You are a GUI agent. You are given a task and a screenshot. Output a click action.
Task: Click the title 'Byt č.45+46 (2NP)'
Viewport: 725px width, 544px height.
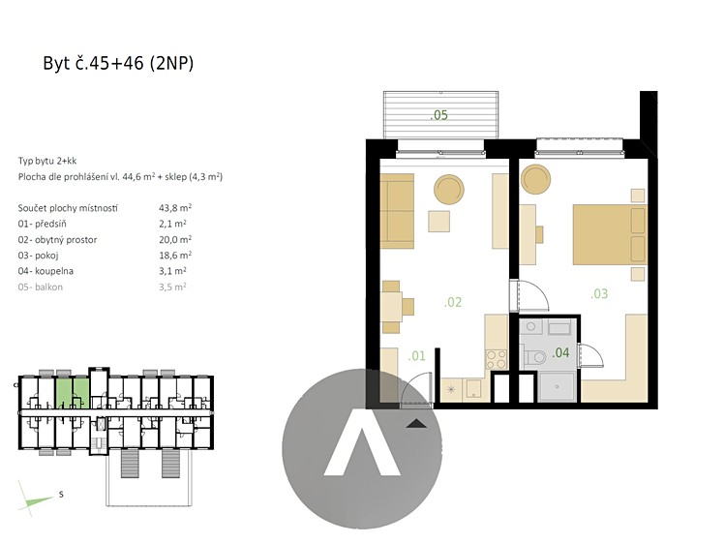point(118,63)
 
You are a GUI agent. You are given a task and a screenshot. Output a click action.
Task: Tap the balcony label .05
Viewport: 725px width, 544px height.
point(438,115)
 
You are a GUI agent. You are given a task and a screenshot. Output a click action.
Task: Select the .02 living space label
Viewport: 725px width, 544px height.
point(453,302)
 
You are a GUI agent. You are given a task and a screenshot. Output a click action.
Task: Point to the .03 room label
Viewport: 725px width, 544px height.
point(599,293)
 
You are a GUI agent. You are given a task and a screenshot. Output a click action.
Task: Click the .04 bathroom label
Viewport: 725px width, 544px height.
point(560,352)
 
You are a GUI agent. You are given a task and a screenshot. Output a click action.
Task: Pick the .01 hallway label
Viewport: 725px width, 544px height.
point(416,356)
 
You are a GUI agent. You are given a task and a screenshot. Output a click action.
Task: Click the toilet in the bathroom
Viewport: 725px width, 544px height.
point(534,357)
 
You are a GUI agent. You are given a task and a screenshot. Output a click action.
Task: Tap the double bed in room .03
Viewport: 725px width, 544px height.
point(610,235)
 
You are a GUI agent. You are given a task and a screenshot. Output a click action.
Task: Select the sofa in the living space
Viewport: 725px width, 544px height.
point(397,211)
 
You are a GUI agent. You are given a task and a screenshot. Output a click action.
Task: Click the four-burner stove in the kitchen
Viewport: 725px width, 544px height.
point(497,359)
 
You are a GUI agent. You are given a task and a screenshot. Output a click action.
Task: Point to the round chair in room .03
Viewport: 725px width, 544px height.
point(535,179)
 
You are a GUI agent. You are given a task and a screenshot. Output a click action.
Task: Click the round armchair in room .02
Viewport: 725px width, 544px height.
point(449,189)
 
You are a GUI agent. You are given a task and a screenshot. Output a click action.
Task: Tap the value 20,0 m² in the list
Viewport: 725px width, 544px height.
point(175,239)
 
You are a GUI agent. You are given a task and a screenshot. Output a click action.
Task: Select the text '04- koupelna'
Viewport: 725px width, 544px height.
point(45,271)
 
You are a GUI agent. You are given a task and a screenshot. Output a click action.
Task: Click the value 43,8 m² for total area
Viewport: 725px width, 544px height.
point(175,208)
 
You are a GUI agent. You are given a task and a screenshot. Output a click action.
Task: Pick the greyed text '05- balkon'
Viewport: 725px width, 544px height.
point(41,287)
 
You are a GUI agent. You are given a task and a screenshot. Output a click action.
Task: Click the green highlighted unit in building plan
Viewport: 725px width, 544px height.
point(73,393)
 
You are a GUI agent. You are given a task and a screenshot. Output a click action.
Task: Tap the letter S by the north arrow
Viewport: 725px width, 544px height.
point(61,495)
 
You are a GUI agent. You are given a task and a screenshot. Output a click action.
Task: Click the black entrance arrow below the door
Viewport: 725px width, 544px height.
point(416,423)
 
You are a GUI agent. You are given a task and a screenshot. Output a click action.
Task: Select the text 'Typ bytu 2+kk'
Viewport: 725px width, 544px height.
point(47,161)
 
